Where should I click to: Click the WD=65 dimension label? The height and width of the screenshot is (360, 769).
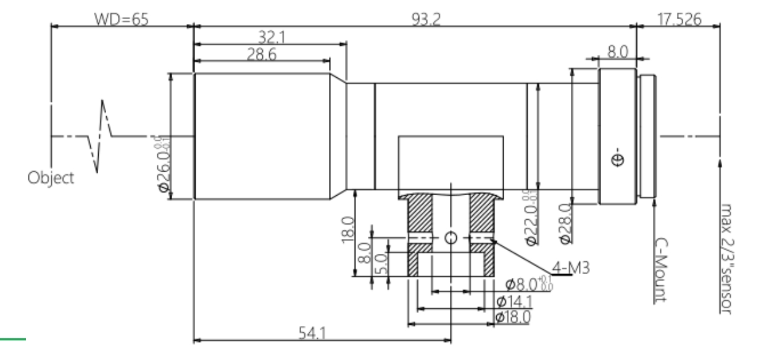[121, 19]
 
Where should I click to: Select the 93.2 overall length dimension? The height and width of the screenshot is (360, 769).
[426, 19]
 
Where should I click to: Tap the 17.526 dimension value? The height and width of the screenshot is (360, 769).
[680, 19]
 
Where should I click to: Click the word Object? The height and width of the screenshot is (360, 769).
[51, 178]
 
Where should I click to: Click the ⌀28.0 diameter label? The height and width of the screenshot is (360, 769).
[563, 223]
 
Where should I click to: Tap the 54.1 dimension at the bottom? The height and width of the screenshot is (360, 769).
[312, 333]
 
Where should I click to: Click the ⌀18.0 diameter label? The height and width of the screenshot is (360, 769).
[513, 317]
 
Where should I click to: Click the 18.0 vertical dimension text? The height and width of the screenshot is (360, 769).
[347, 229]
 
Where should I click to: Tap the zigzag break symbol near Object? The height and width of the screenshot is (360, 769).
[101, 135]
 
